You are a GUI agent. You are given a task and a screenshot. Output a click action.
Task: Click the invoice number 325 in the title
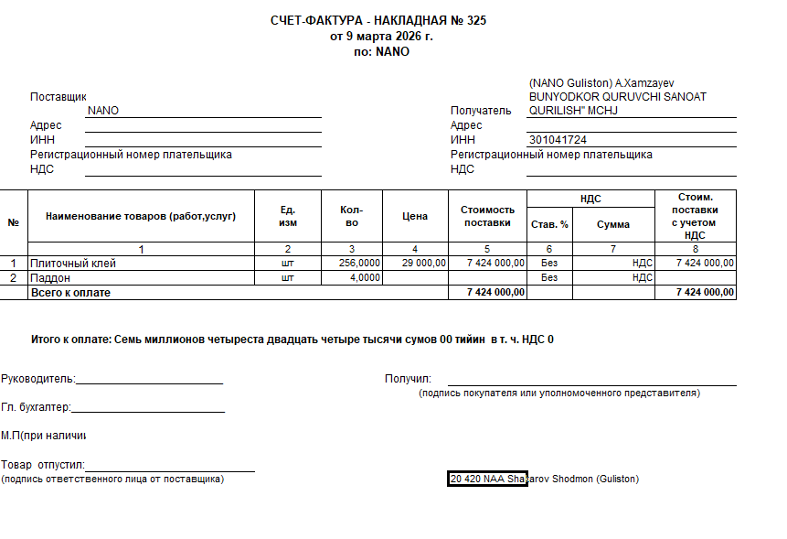pyautogui.click(x=475, y=21)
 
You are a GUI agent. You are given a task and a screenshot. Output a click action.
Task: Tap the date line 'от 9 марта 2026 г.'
pyautogui.click(x=381, y=37)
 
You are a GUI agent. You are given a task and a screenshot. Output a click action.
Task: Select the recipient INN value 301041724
pyautogui.click(x=558, y=140)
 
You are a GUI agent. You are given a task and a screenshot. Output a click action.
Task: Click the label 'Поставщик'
pyautogui.click(x=58, y=96)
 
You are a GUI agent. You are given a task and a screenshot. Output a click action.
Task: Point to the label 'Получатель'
pyautogui.click(x=481, y=111)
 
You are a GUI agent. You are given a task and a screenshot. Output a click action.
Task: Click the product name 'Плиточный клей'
pyautogui.click(x=73, y=264)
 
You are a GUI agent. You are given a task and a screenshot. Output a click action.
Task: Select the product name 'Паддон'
pyautogui.click(x=51, y=277)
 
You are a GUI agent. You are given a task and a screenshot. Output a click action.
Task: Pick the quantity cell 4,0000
pyautogui.click(x=366, y=277)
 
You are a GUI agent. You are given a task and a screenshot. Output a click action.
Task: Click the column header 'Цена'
pyautogui.click(x=415, y=217)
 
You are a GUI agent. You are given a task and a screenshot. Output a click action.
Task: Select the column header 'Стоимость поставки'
pyautogui.click(x=487, y=217)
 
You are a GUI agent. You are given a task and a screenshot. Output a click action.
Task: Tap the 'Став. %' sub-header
pyautogui.click(x=549, y=224)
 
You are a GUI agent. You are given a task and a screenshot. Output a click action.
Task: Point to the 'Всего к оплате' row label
pyautogui.click(x=70, y=292)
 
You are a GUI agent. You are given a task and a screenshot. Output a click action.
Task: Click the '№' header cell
pyautogui.click(x=14, y=222)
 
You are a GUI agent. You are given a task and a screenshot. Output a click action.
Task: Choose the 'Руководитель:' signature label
pyautogui.click(x=38, y=379)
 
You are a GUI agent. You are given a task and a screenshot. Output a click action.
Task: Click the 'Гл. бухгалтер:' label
pyautogui.click(x=36, y=407)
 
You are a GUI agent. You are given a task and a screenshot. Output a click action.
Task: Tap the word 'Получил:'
pyautogui.click(x=408, y=379)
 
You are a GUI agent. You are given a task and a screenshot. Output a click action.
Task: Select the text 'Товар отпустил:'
pyautogui.click(x=43, y=465)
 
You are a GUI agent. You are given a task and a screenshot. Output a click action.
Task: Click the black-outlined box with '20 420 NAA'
pyautogui.click(x=487, y=479)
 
